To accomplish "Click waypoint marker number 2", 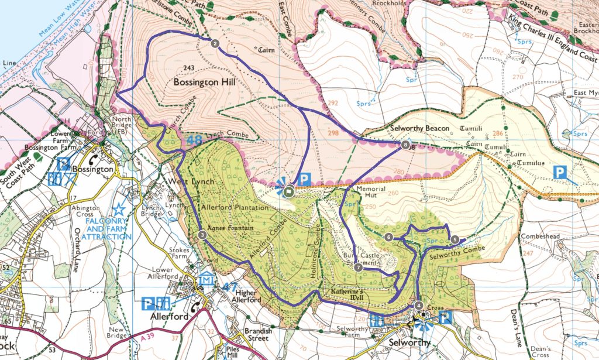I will (x=215, y=43).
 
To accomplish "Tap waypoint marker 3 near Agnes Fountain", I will (x=202, y=235).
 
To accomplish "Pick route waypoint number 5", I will (x=455, y=239).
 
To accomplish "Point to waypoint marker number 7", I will (x=358, y=268).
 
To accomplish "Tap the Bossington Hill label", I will (x=204, y=83).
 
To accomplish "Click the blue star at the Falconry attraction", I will (x=119, y=208).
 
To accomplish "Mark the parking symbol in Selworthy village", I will (x=445, y=318).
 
